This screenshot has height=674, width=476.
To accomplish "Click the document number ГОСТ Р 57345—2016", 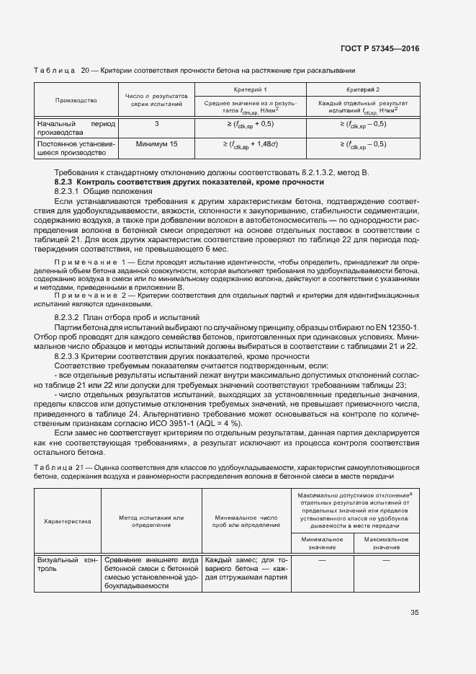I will coord(380,49).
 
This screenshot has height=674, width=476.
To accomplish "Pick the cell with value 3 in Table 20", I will coord(156,124).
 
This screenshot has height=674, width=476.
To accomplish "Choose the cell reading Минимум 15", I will coord(156,144).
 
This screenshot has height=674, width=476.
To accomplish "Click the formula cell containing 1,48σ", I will coord(250,144).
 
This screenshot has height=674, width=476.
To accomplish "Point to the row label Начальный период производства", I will coord(76,128).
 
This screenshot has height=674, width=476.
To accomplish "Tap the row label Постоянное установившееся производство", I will coord(76,148).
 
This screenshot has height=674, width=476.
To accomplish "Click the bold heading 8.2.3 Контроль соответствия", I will coord(179,182).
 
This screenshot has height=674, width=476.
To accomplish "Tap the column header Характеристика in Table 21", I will coord(68,521).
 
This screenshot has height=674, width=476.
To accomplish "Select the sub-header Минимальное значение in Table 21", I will coord(322,543).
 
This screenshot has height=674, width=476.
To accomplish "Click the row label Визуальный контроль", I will coord(68,563).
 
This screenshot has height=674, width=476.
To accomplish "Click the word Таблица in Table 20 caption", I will coord(55,70).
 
